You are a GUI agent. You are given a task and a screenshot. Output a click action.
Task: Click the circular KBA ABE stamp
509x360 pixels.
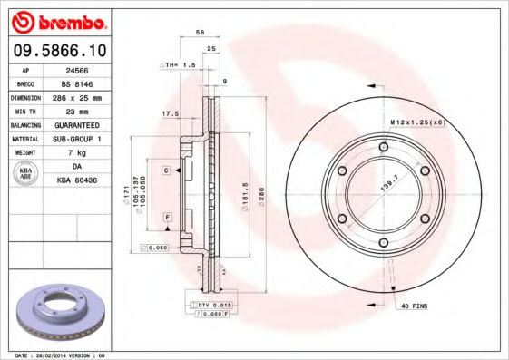(x=25, y=174)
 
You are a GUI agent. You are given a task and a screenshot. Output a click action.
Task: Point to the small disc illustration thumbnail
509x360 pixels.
(x=62, y=310)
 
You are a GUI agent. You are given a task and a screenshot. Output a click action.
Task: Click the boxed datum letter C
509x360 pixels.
(x=167, y=170)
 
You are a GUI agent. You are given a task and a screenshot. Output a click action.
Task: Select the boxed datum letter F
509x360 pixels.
(x=167, y=219)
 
